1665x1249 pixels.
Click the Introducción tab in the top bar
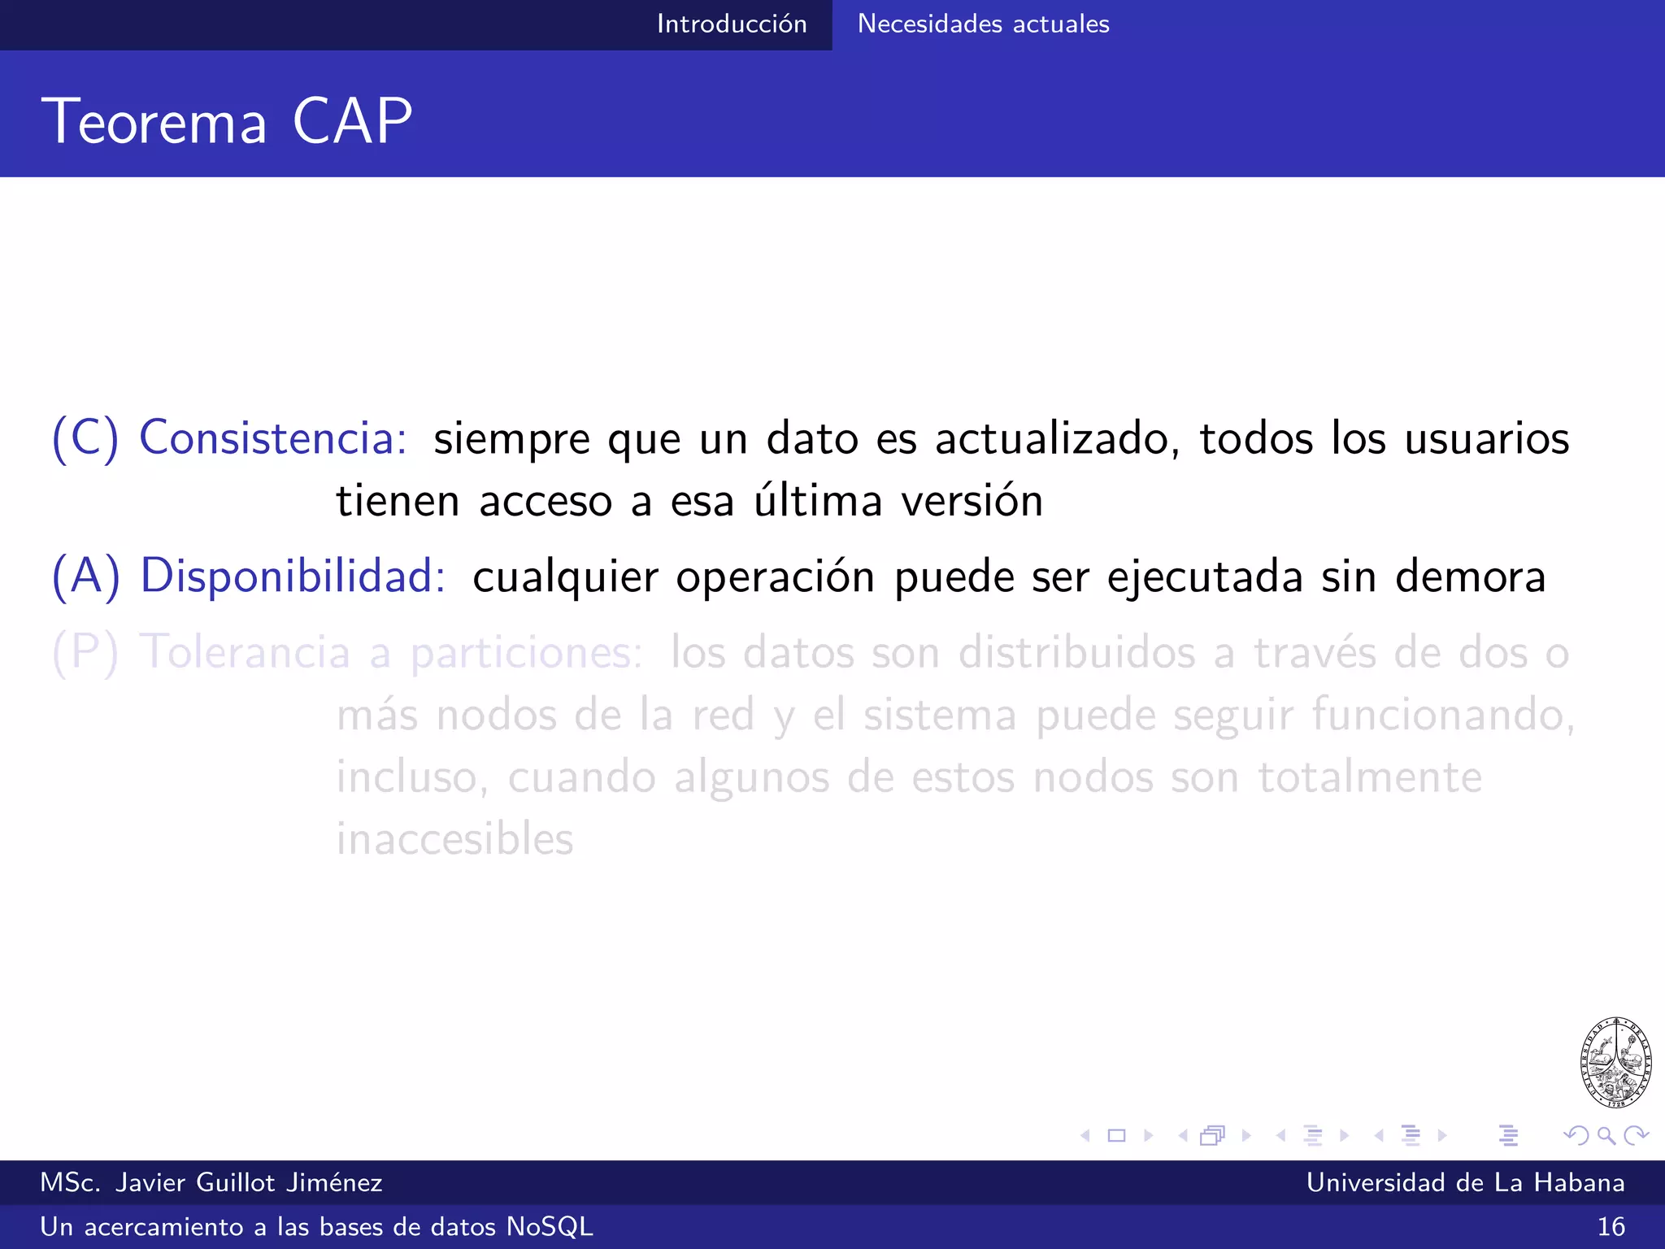[732, 24]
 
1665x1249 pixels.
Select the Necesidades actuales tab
[983, 24]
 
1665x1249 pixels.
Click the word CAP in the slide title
[352, 121]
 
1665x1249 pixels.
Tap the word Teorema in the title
[154, 121]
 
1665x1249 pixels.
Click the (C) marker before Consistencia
[85, 437]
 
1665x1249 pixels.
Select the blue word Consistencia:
[273, 437]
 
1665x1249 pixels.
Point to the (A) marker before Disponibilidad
[85, 576]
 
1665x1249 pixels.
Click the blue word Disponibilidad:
[293, 576]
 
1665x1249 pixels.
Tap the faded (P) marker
[85, 652]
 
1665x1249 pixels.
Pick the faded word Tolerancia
[245, 652]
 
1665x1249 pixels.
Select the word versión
[972, 501]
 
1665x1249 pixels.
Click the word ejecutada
[1205, 577]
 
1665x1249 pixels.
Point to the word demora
[1470, 577]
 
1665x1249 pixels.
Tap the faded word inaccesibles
[455, 839]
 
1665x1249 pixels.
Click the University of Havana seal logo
[1615, 1062]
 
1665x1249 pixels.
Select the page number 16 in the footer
[1611, 1226]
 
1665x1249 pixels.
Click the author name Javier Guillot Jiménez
[248, 1182]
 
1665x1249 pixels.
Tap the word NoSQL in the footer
[550, 1226]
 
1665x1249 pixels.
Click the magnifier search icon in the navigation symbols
[1606, 1135]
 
